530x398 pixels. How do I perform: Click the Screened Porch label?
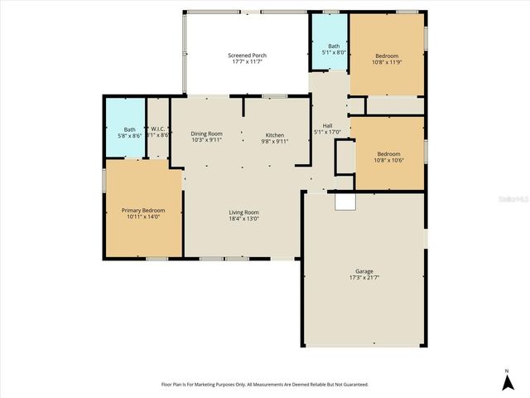click(247, 56)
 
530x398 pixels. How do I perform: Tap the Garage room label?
click(364, 271)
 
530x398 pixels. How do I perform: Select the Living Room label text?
click(244, 212)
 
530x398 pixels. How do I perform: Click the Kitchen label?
click(275, 134)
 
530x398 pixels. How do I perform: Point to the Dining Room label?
click(206, 134)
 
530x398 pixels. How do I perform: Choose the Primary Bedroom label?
click(142, 211)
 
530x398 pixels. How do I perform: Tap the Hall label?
click(328, 126)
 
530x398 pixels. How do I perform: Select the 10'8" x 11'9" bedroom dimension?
click(388, 62)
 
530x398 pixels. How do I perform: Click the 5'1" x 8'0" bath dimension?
click(334, 52)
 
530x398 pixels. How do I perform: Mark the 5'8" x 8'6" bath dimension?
click(130, 135)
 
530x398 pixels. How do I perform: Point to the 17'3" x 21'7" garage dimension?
click(364, 278)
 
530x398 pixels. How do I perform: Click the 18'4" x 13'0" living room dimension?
click(244, 219)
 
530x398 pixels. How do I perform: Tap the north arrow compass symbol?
click(507, 381)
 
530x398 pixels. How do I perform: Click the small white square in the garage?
click(344, 201)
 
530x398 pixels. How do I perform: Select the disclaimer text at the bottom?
click(264, 385)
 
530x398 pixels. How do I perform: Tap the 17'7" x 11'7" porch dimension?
click(247, 62)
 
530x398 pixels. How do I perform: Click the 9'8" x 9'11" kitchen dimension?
click(275, 141)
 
